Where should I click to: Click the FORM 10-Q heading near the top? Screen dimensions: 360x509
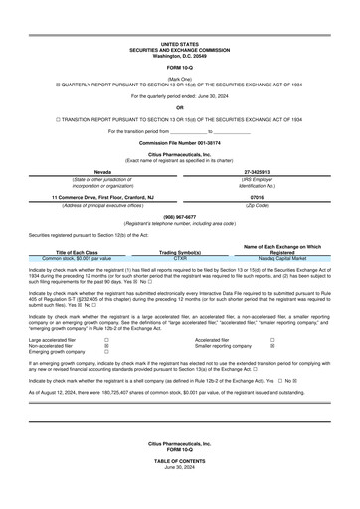[180, 66]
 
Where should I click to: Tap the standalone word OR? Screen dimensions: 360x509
[180, 107]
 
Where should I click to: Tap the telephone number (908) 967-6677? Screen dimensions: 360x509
[180, 216]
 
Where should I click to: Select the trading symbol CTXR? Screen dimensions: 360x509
[180, 258]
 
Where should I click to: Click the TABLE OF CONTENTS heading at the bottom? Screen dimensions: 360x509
[180, 492]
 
